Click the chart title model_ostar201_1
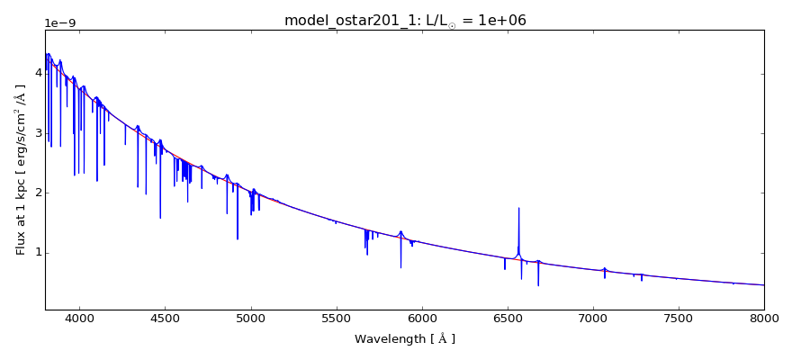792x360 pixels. tap(405, 20)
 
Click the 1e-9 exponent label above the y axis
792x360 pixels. tap(61, 22)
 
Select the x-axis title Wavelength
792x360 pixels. tap(405, 339)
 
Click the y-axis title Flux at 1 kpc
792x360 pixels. tap(21, 169)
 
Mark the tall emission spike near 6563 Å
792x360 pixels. tap(518, 210)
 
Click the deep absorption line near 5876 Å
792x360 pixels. tap(400, 265)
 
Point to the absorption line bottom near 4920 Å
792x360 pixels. tap(238, 238)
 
